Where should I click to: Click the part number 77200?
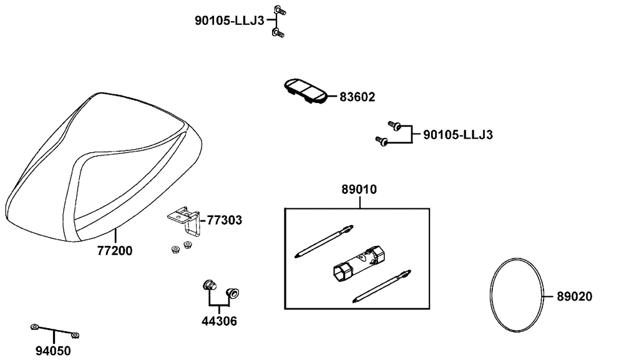[115, 251]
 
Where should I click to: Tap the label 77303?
[225, 220]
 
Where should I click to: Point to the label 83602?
[358, 97]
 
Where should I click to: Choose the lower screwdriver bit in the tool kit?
[380, 286]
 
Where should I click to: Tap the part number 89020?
[575, 296]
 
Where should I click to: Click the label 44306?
[219, 322]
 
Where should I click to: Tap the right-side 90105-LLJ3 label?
[458, 135]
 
